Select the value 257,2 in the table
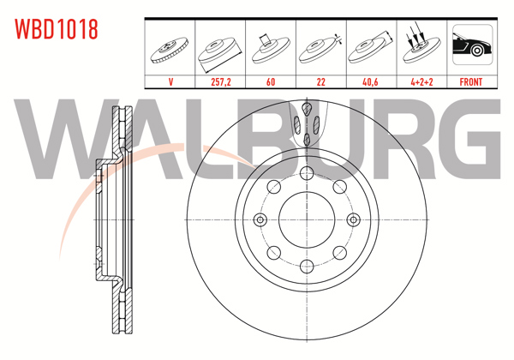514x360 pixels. click(x=221, y=82)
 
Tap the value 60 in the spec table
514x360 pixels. click(x=271, y=82)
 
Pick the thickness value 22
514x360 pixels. click(x=320, y=82)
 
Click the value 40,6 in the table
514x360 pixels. click(x=370, y=82)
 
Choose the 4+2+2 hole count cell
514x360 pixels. click(x=421, y=82)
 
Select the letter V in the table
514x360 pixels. click(x=171, y=82)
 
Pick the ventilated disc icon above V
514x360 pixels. click(x=171, y=49)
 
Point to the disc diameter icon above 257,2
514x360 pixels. click(x=221, y=49)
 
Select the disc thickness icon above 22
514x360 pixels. click(x=320, y=49)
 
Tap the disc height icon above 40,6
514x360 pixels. click(x=370, y=49)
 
